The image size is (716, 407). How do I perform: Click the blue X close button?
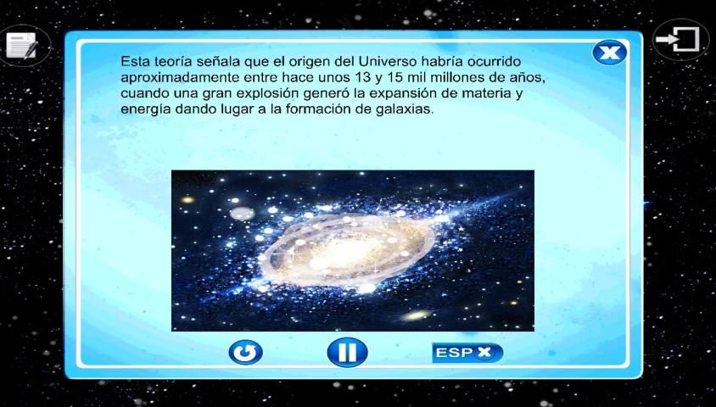609,53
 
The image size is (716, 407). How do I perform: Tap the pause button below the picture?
347,352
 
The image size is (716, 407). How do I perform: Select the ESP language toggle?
467,353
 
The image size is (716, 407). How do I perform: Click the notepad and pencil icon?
21,46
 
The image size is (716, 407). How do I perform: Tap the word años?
530,77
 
